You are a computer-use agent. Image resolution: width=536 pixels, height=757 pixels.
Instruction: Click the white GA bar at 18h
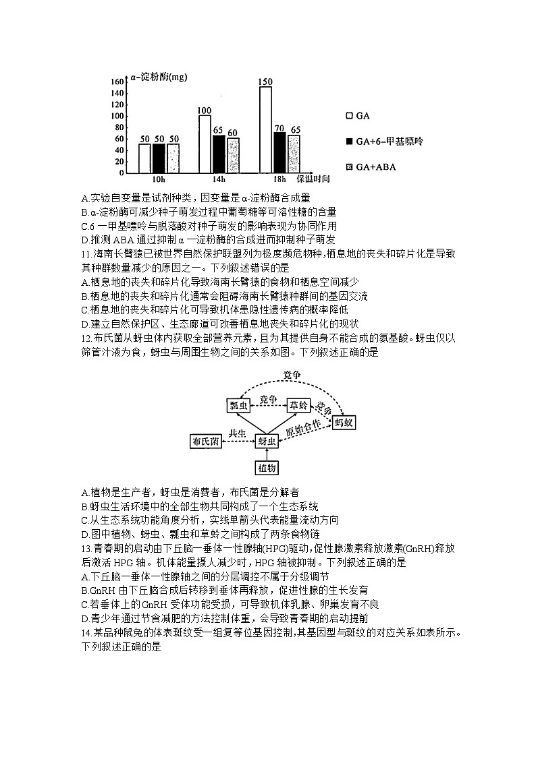click(265, 129)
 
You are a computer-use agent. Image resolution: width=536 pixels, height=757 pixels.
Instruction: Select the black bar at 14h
click(219, 154)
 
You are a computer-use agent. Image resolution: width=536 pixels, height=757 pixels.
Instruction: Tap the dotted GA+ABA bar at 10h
click(173, 158)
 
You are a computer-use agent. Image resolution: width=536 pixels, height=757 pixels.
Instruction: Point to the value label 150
click(265, 82)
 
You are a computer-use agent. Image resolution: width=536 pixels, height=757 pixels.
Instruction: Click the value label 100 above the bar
click(205, 111)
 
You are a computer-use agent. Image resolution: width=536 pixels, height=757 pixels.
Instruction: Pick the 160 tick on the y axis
click(116, 82)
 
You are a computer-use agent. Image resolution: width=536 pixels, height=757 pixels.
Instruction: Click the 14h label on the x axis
click(219, 180)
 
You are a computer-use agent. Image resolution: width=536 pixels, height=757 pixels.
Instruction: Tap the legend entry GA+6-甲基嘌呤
click(384, 141)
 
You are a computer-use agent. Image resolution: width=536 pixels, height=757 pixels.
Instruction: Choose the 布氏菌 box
click(205, 442)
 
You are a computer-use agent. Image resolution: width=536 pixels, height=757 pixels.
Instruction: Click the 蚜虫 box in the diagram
click(267, 442)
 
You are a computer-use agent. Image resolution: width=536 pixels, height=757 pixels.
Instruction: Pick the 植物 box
click(267, 467)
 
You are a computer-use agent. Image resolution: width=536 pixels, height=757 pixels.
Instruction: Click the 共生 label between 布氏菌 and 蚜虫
click(236, 434)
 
